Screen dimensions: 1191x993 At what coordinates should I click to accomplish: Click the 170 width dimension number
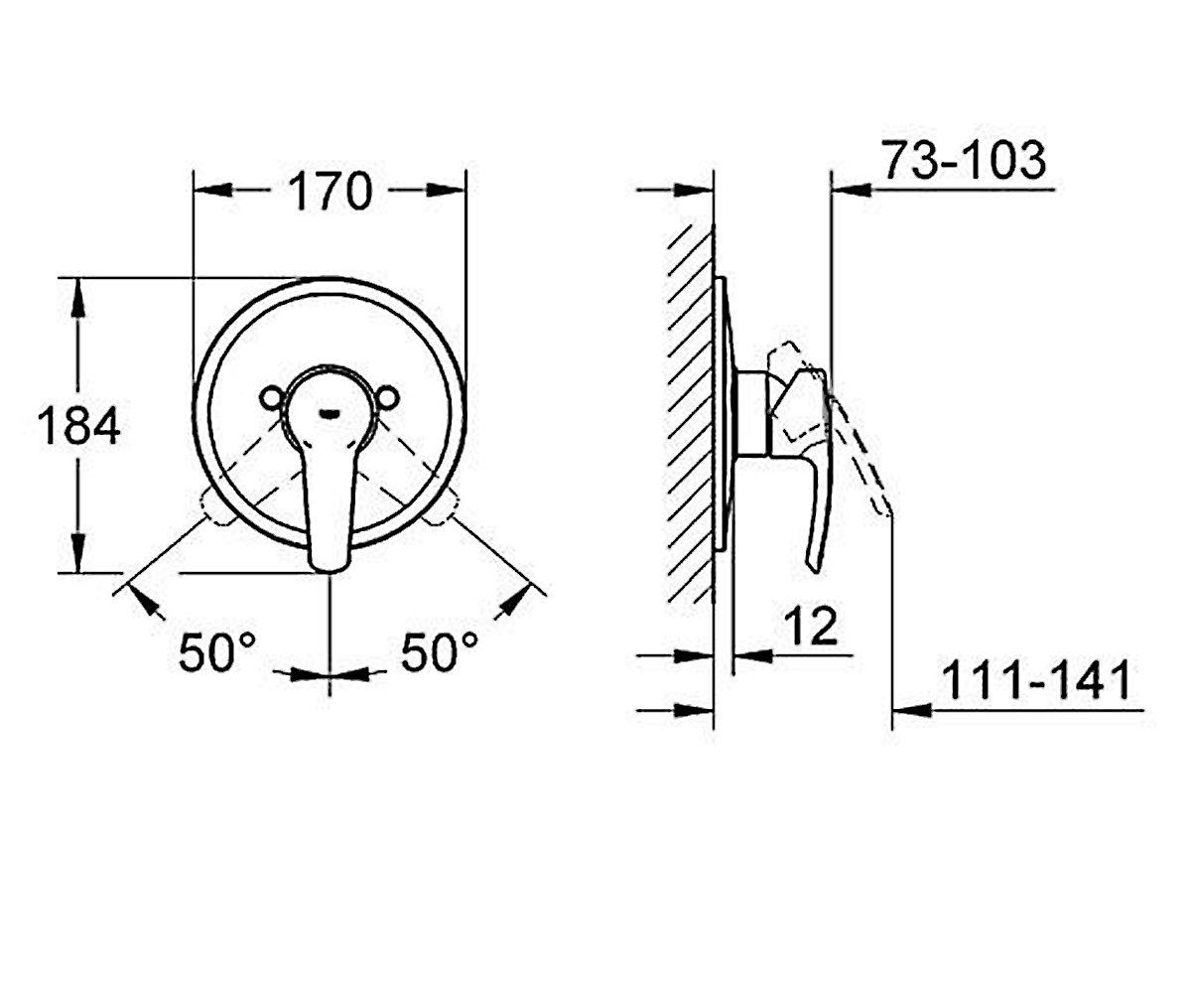[x=330, y=191]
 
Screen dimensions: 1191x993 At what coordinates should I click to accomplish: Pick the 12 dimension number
[x=811, y=626]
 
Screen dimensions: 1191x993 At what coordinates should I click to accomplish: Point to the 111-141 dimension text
[x=1036, y=679]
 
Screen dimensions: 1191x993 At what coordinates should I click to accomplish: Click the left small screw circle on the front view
[x=271, y=398]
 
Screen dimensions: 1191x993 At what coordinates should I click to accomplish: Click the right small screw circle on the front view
[x=387, y=398]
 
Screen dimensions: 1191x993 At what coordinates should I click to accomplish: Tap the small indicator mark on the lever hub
[x=330, y=413]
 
